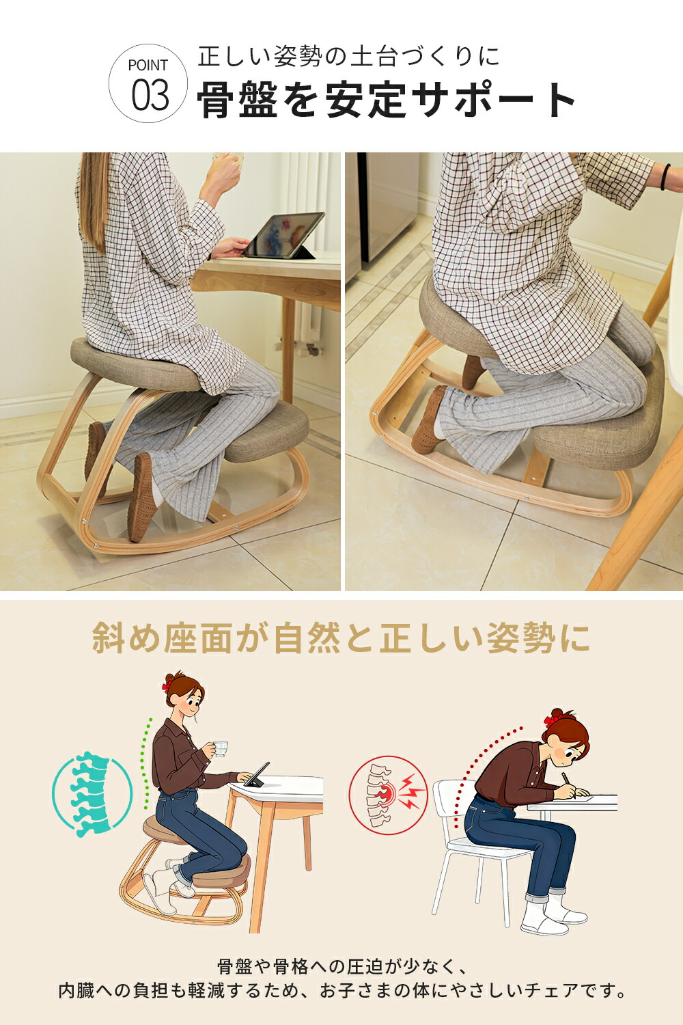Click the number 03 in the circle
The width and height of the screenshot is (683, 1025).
point(150,95)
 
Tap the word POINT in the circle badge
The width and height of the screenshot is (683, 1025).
point(148,66)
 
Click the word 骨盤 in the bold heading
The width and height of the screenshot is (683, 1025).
point(238,99)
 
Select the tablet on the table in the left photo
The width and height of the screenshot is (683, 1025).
point(283,235)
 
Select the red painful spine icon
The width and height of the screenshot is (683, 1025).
point(389,794)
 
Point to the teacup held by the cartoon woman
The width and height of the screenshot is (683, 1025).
point(221,749)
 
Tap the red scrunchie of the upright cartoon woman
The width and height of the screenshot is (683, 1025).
point(167,686)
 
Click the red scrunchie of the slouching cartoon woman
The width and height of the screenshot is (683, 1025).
point(551,721)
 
